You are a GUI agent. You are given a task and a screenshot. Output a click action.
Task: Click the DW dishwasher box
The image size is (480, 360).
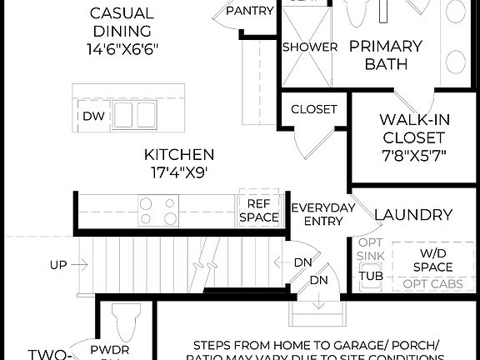[92, 116]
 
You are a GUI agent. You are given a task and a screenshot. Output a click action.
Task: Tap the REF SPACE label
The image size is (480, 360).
[258, 209]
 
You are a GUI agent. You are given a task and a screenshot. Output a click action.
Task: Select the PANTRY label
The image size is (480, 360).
[250, 10]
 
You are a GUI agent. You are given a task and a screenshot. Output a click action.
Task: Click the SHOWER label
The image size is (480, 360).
[310, 47]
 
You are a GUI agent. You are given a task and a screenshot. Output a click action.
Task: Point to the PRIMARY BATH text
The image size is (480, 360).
[385, 54]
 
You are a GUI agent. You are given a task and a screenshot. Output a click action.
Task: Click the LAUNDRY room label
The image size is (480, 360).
[413, 215]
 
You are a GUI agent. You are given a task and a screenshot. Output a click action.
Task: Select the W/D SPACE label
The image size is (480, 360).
[432, 259]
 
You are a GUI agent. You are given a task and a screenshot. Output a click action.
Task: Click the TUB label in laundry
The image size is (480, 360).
[370, 276]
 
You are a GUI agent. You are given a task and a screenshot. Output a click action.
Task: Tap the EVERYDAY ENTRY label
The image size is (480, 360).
[322, 214]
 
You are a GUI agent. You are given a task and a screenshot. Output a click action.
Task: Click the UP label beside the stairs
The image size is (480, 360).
[58, 265]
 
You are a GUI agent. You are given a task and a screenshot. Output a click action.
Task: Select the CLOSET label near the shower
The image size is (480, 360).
[314, 109]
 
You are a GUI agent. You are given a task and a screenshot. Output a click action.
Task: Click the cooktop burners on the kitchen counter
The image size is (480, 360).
[158, 211]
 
